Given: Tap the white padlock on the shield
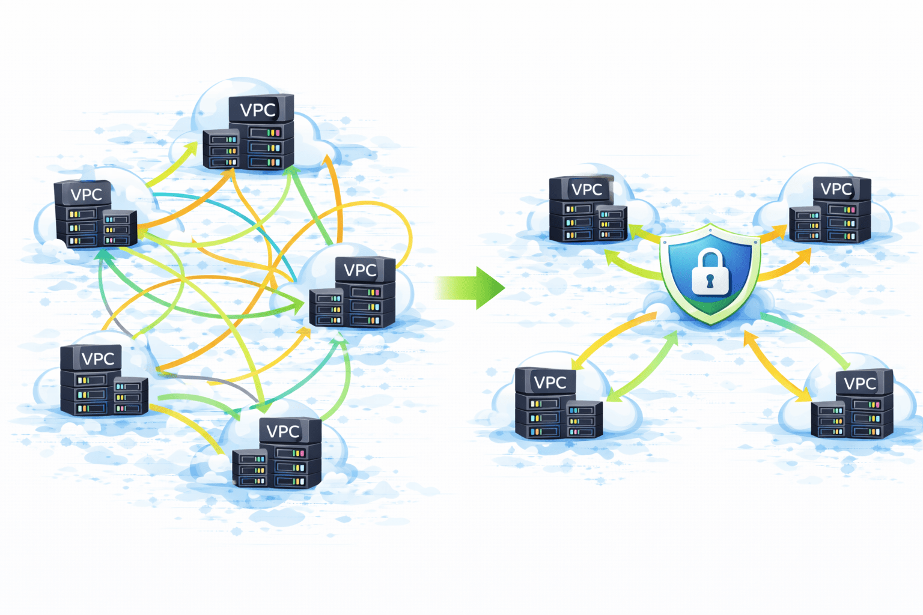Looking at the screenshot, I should click(710, 275).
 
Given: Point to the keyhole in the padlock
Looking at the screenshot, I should click(710, 281).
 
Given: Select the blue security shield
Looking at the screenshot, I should click(710, 274).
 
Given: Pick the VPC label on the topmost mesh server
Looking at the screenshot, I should click(258, 110).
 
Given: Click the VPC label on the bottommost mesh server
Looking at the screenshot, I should click(283, 431).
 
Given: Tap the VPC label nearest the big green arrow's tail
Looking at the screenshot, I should click(360, 270).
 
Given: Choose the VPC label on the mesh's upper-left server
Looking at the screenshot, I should click(86, 195).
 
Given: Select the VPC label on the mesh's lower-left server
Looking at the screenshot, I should click(97, 359).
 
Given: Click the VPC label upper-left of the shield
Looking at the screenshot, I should click(586, 190).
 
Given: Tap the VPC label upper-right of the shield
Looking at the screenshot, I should click(836, 189).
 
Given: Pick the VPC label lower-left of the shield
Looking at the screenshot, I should click(550, 383).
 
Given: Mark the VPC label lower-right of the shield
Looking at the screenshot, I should click(860, 383).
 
